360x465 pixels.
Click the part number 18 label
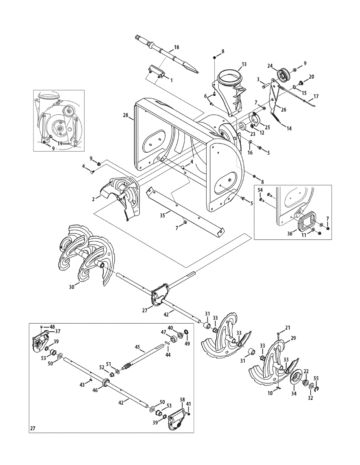tap(177, 47)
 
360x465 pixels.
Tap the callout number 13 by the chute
tap(244, 64)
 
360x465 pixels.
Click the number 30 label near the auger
tap(71, 287)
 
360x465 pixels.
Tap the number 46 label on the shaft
tap(95, 391)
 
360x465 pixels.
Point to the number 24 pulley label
tap(270, 66)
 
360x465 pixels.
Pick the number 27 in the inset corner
tap(33, 429)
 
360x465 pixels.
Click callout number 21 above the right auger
tap(287, 328)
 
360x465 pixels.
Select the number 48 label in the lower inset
tap(52, 327)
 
